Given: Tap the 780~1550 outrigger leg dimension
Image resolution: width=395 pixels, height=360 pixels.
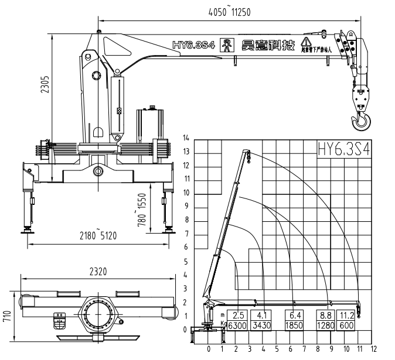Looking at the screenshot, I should coord(141,211).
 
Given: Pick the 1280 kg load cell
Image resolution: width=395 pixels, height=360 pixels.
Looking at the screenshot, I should coord(325,325).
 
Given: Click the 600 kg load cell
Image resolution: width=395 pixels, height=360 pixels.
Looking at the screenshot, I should coord(347,325).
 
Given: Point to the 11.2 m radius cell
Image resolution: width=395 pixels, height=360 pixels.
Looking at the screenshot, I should coord(347,315).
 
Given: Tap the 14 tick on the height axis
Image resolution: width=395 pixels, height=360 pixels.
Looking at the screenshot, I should coord(186,138).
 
